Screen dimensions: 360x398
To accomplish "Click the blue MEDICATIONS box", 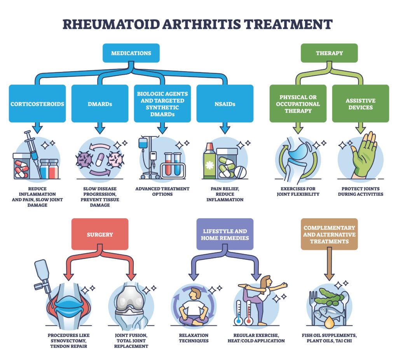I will [131, 53].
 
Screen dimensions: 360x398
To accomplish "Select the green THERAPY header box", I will [329, 53].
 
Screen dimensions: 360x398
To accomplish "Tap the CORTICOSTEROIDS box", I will [37, 104].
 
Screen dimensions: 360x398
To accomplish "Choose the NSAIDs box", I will [225, 104].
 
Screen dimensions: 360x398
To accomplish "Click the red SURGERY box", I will [100, 234].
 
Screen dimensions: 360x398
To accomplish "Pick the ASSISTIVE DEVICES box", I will [360, 104].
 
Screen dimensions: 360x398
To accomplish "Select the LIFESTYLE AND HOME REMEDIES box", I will [225, 234].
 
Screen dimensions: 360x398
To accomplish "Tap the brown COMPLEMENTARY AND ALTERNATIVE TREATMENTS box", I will [329, 234].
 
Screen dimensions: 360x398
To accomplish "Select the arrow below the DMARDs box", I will [100, 128].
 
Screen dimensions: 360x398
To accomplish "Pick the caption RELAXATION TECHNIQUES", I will [194, 338].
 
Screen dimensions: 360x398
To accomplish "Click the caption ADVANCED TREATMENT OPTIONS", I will [162, 191].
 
